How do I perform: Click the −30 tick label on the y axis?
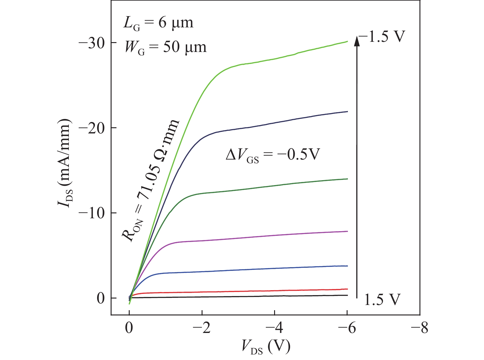point(92,42)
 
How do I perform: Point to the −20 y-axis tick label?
point(92,128)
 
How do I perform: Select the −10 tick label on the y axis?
point(92,213)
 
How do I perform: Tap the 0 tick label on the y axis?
point(101,298)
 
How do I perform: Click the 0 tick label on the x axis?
point(129,328)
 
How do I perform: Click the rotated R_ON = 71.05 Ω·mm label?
point(151,181)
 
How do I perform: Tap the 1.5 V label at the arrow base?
point(382,299)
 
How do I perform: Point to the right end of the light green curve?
point(347,41)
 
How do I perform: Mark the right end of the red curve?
point(347,289)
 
